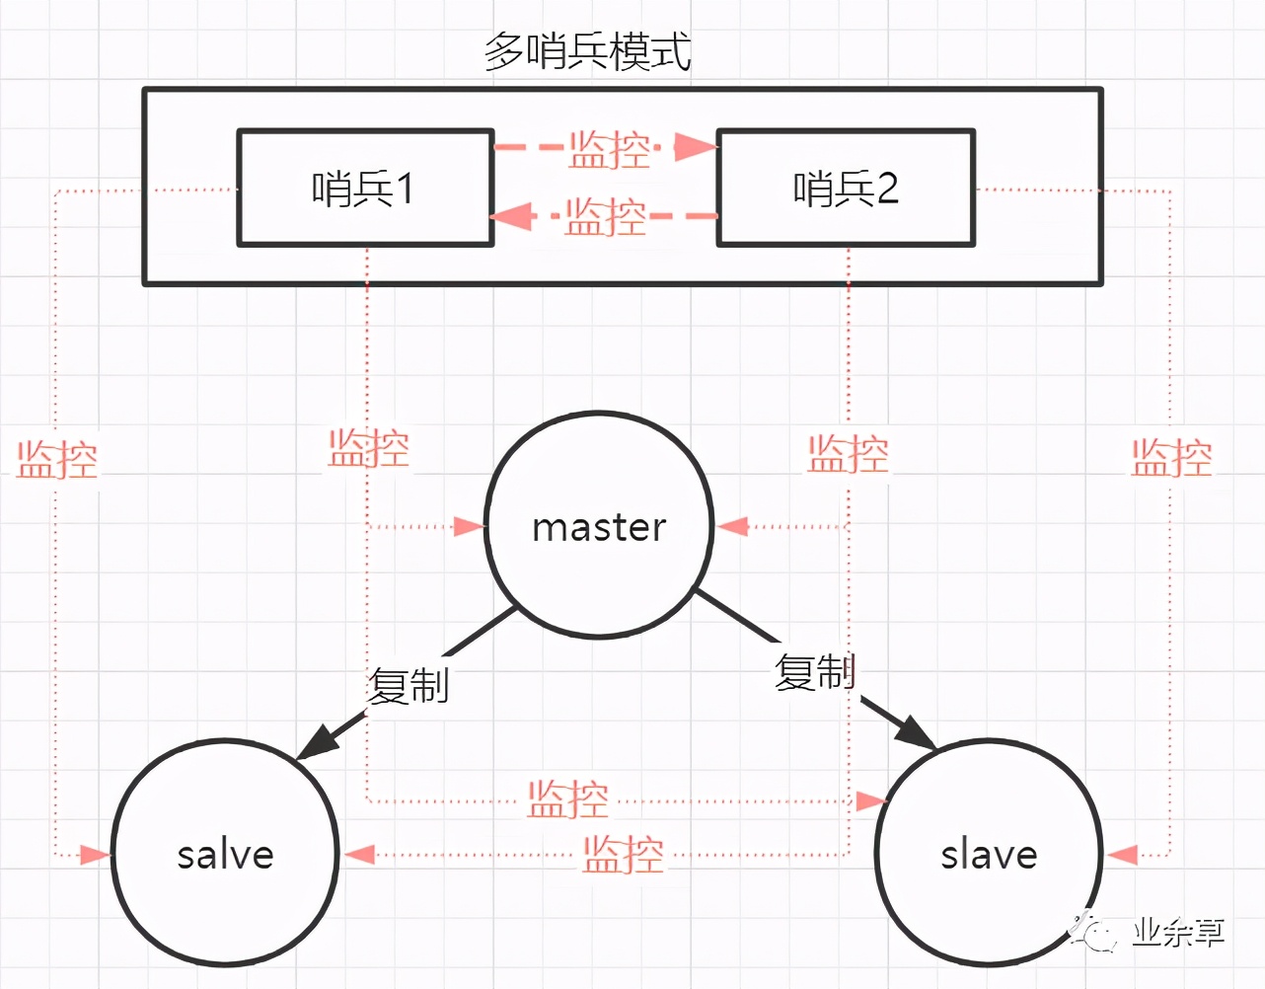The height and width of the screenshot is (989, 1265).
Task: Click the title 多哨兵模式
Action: coord(587,51)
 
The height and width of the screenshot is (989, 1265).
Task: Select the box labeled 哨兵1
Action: coord(365,188)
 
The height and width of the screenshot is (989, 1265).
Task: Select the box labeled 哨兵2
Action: coord(846,188)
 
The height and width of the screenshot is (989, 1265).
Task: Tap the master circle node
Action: coord(599,526)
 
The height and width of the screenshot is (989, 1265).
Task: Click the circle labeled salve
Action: coord(225,854)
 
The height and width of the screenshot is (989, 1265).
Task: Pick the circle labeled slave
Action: coord(989,854)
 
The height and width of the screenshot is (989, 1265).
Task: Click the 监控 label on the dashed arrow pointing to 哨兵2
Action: coord(609,150)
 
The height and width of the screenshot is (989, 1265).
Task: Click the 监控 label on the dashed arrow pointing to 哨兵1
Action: coord(605,216)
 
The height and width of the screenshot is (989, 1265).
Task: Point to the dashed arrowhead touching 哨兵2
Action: coord(697,148)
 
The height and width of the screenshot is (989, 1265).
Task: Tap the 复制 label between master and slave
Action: coord(814,672)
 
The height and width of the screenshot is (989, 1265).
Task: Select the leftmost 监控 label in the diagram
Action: coord(57,459)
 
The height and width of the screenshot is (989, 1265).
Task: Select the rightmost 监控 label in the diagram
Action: coord(1171,458)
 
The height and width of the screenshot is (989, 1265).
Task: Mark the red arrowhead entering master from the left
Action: coord(469,526)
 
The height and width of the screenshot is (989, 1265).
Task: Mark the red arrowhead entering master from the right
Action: coord(732,526)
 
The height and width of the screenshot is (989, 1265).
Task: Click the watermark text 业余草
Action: coord(1178,932)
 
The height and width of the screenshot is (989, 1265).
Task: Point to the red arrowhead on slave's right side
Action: coord(1123,855)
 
